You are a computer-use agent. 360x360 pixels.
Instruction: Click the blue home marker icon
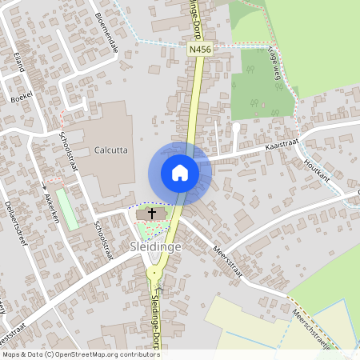coord(179,172)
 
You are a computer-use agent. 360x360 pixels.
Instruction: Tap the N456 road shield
coord(199,50)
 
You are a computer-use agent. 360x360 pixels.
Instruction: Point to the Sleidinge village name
coord(155,247)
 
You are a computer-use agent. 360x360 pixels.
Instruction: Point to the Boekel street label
coord(21,97)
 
